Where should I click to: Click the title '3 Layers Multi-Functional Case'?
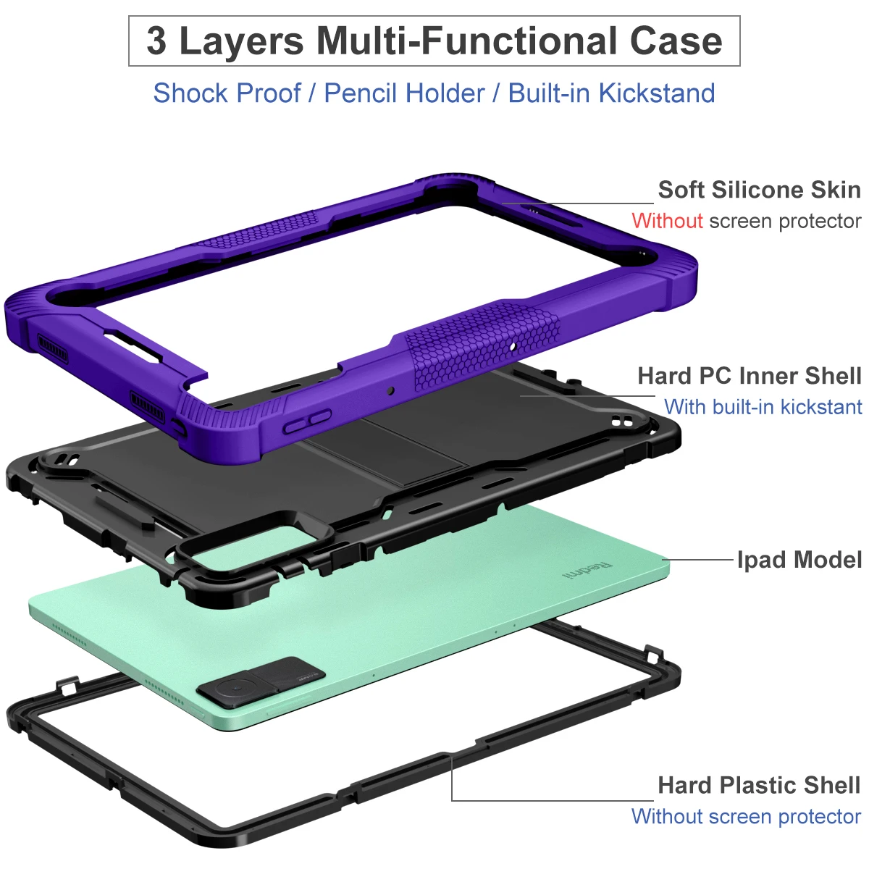[x=434, y=41]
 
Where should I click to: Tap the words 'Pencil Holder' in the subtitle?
[x=404, y=93]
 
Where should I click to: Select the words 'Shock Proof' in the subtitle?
[x=227, y=93]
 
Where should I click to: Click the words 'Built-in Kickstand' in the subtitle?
[x=611, y=93]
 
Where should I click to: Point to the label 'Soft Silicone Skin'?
[x=759, y=190]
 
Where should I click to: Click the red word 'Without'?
[x=667, y=221]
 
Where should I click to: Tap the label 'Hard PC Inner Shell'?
[x=749, y=376]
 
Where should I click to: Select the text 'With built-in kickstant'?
[x=763, y=407]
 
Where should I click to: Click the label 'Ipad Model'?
[x=799, y=560]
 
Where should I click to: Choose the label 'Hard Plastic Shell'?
[x=759, y=785]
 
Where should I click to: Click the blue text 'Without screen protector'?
[x=746, y=816]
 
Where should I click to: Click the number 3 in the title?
[x=156, y=41]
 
